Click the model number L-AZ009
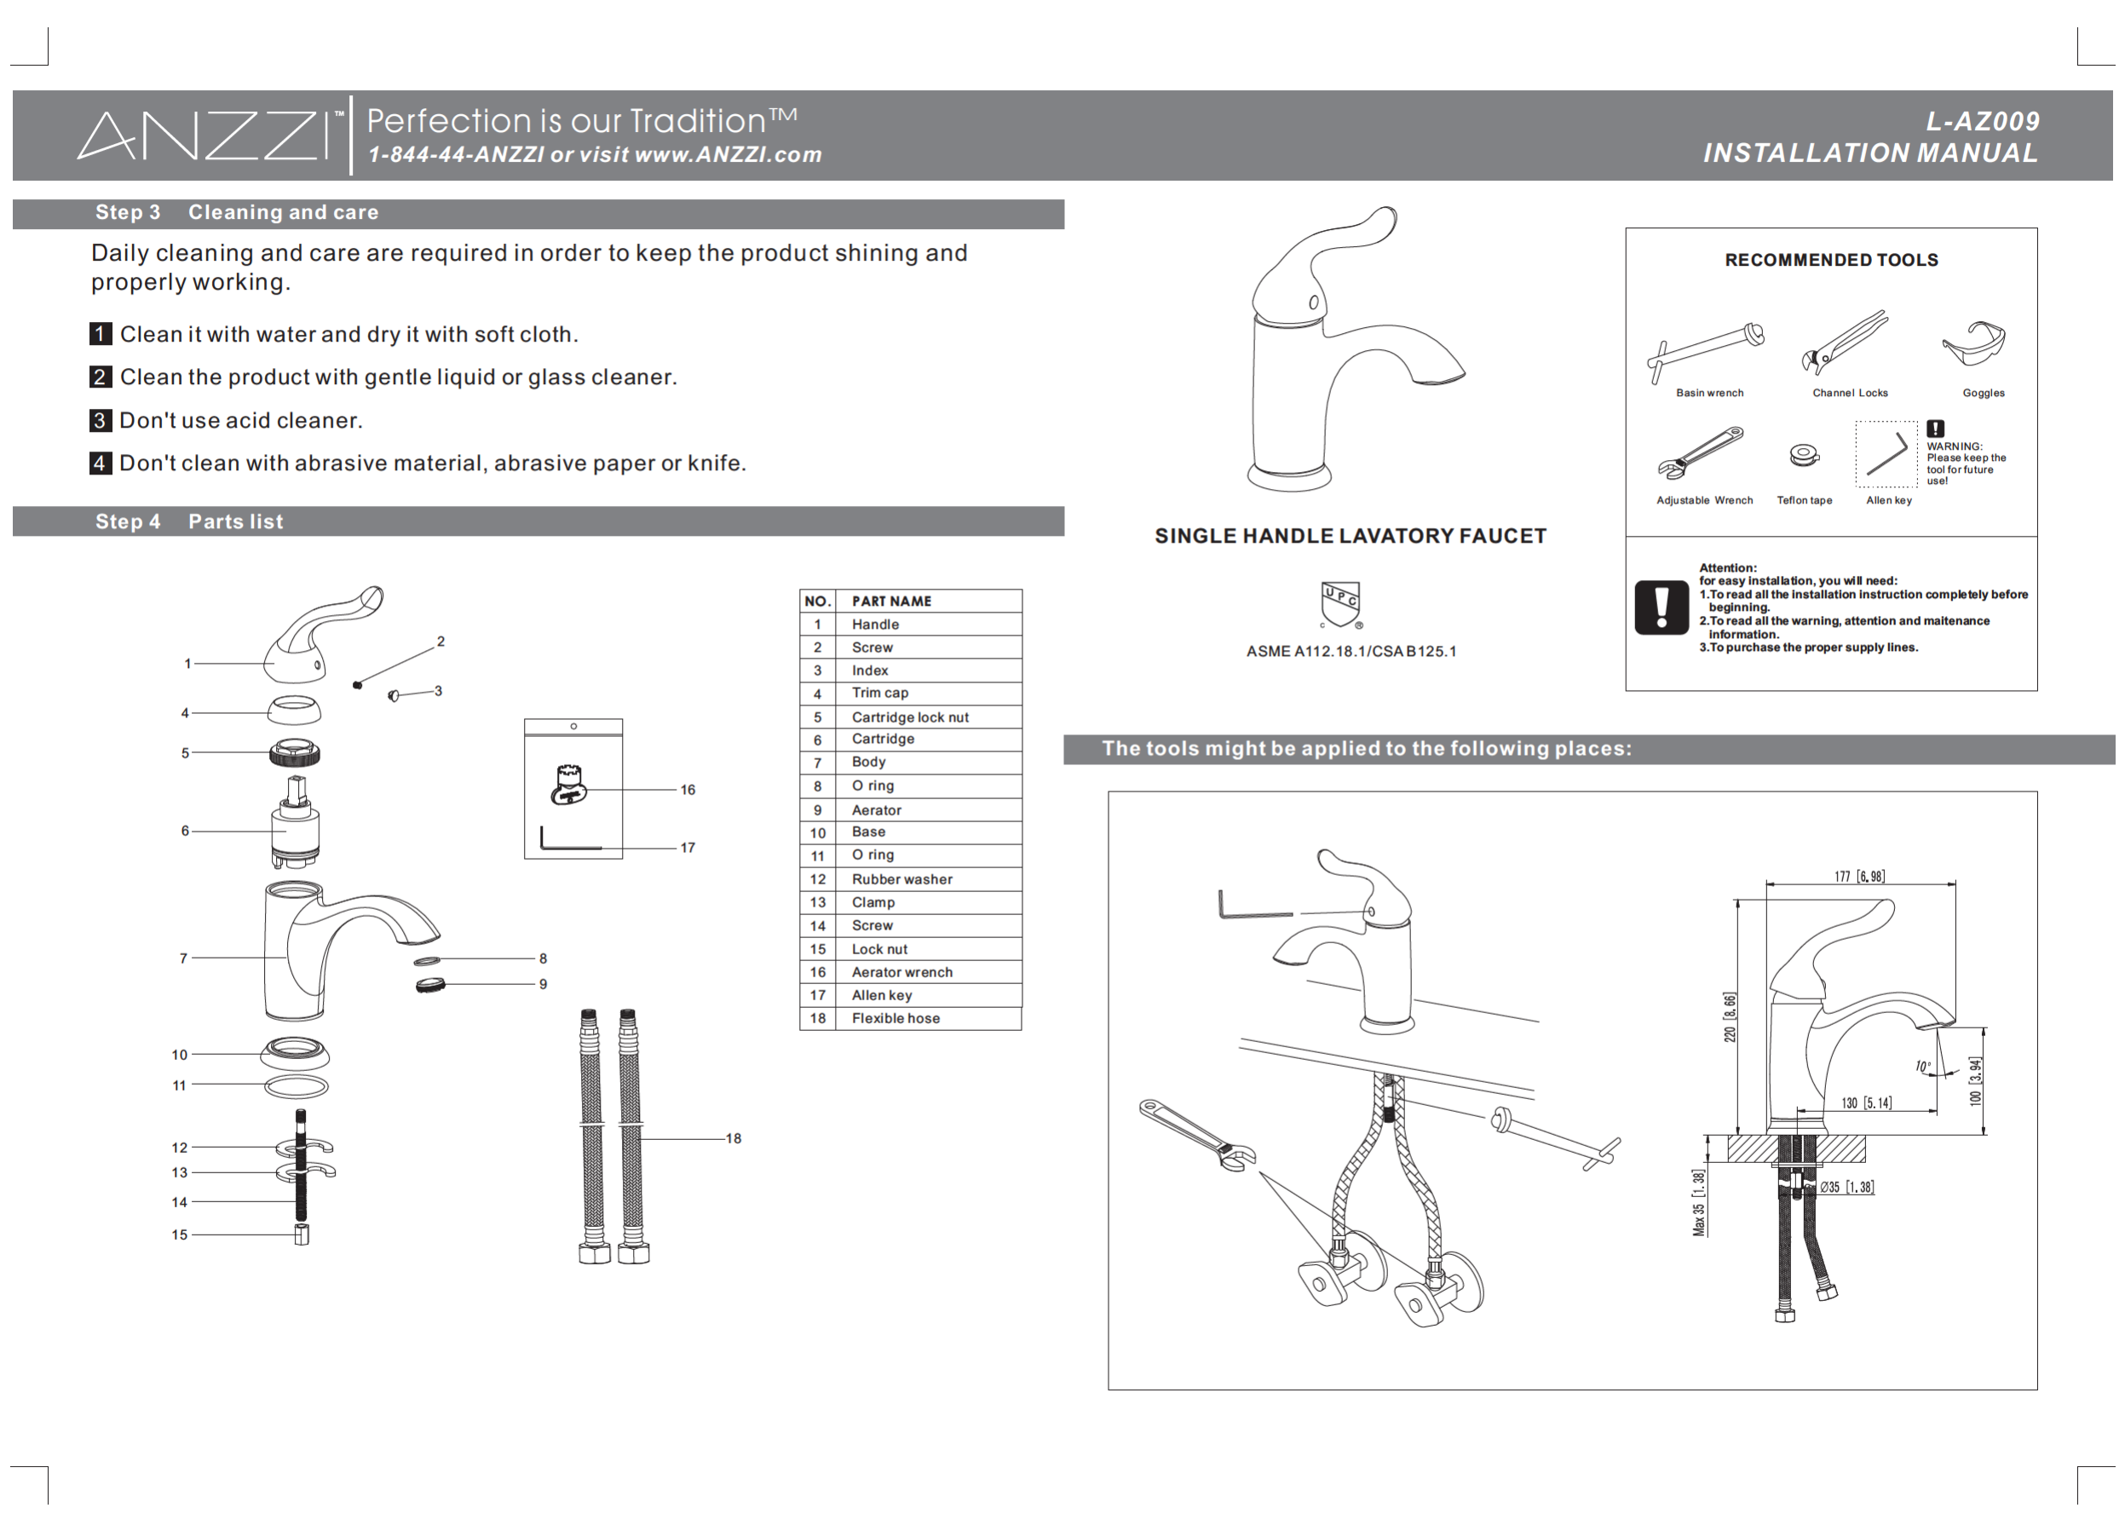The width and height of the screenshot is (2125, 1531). tap(1982, 122)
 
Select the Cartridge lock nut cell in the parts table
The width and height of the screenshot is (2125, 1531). tap(909, 717)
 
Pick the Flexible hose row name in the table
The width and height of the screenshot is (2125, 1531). tap(895, 1018)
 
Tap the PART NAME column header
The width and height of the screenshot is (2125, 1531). tap(891, 601)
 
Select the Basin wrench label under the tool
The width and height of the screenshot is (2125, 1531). tap(1709, 394)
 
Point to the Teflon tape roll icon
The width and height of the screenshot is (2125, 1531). tap(1804, 455)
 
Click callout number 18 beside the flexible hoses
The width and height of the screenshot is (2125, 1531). tap(733, 1138)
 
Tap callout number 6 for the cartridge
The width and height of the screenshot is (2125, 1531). tap(186, 831)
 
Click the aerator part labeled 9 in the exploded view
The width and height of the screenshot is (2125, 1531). tap(430, 985)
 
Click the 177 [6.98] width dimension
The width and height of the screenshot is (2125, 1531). tap(1859, 876)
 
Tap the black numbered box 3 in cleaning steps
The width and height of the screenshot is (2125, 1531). tap(101, 421)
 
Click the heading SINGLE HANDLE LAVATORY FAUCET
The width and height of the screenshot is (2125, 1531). tap(1350, 536)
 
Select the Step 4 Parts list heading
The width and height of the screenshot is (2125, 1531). tap(188, 522)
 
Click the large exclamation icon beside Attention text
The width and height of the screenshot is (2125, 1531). tap(1661, 607)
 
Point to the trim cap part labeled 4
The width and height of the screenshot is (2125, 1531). tap(293, 711)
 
